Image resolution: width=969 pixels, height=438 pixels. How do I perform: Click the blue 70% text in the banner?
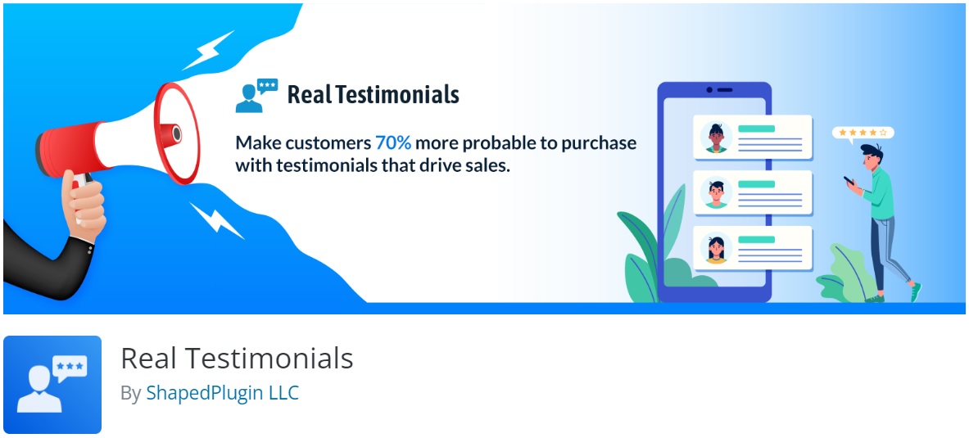coord(393,143)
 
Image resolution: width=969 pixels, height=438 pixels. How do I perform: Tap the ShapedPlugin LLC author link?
coord(223,393)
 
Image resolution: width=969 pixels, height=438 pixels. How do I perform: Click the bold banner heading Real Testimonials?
coord(374,94)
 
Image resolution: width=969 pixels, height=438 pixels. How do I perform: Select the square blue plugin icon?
coord(52,384)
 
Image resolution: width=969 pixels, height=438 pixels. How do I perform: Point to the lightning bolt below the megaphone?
coord(216,220)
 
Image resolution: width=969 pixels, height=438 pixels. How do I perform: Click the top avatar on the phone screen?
coord(716,138)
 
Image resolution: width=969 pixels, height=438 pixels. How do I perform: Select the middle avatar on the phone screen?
coord(716,192)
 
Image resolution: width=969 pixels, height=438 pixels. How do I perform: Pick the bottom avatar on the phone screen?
coord(716,248)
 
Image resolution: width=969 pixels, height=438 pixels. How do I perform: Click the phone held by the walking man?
coord(849,180)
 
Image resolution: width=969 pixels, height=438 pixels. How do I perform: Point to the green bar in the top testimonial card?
coord(756,129)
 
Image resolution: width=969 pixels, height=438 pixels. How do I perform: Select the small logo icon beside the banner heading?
coord(256,95)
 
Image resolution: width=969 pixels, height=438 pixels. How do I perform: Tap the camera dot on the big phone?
coord(709,90)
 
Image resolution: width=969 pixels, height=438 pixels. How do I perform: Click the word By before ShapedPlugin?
coord(130,394)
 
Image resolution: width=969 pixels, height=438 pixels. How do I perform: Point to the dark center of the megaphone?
coord(177,133)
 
